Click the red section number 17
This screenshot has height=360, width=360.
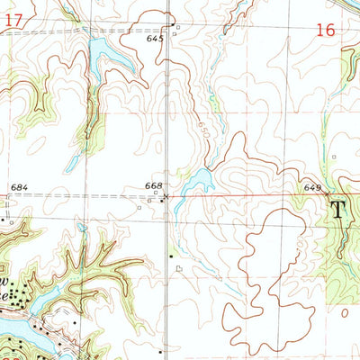pos(5,20)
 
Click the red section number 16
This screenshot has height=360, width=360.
pos(325,30)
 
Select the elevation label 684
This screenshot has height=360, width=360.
pos(20,187)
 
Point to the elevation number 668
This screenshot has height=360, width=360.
pos(153,185)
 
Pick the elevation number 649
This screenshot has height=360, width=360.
pos(312,187)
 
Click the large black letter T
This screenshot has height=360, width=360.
pos(338,211)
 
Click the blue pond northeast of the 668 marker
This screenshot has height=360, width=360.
pos(197,184)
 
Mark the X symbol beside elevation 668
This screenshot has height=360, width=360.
pos(166,194)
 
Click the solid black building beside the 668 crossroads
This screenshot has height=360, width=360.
pos(162,200)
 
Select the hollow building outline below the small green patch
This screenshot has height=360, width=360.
pos(178,267)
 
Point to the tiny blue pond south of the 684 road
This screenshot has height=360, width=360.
pos(82,228)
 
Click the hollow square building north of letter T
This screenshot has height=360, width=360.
pos(332,157)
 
